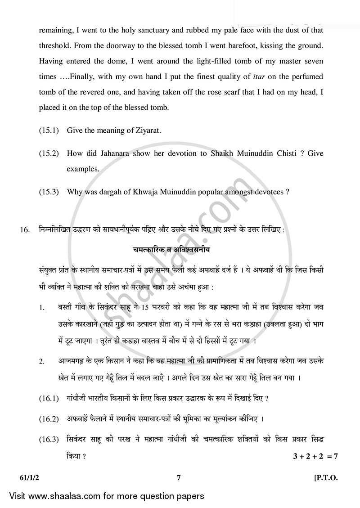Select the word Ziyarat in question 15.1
148,130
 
